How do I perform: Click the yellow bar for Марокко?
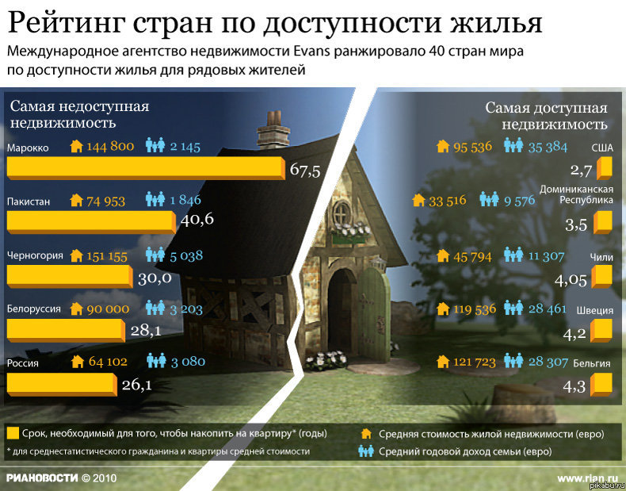coord(144,167)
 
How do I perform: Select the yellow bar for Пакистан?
coord(90,221)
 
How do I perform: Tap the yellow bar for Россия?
coord(61,383)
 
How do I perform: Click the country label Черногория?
coord(34,255)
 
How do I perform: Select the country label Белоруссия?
coord(33,309)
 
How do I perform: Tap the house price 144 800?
coord(110,147)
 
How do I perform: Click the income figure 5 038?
coord(186,255)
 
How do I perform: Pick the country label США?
coord(601,148)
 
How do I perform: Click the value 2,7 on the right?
coord(581,170)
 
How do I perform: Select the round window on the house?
coord(342,213)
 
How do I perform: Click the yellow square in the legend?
coord(12,433)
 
